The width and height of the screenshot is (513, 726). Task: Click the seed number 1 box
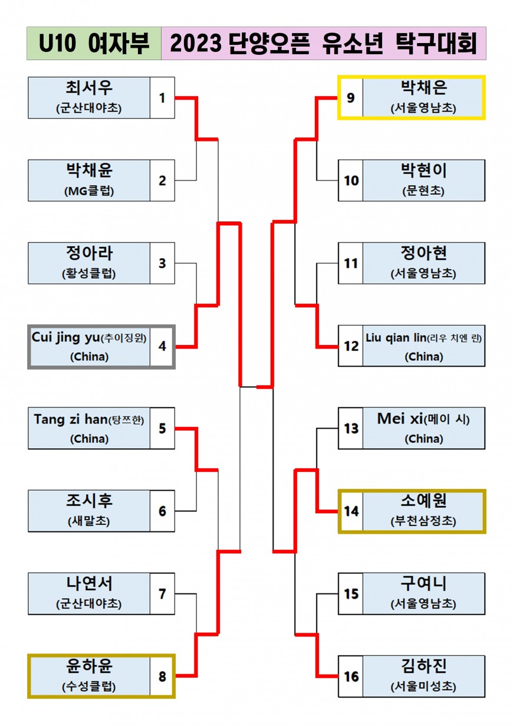tap(162, 98)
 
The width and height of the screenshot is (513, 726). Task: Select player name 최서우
tap(89, 88)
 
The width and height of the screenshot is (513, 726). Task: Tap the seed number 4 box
tap(162, 346)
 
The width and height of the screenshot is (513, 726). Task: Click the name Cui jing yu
tap(65, 337)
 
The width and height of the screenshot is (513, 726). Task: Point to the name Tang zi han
tap(71, 419)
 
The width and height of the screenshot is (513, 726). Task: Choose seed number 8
tap(162, 676)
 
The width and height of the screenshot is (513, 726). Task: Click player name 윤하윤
tap(89, 666)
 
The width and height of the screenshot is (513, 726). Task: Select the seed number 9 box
tap(351, 98)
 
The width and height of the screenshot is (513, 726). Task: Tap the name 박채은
tap(423, 88)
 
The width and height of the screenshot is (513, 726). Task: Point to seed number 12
tap(351, 346)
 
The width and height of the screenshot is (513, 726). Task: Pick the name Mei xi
tap(400, 419)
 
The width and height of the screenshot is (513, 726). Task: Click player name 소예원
tap(423, 501)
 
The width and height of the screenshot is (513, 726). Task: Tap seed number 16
tap(351, 676)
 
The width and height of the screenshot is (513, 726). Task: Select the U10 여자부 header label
tap(94, 44)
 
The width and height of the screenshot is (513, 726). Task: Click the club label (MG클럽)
tap(89, 191)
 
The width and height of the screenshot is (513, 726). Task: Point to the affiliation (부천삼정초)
tap(423, 521)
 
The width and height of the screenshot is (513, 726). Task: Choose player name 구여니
tap(423, 584)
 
